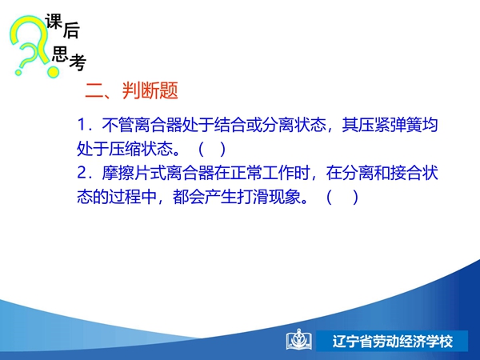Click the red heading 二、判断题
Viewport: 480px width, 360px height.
131,90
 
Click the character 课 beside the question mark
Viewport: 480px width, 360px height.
54,22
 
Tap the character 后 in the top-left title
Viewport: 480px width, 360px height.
71,30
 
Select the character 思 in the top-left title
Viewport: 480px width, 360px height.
60,54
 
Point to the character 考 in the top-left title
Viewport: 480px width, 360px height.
78,62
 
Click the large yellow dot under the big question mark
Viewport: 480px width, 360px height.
53,72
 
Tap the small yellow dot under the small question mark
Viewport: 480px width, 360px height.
18,73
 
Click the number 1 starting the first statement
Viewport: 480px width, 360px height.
81,125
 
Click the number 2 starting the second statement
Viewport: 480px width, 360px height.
82,173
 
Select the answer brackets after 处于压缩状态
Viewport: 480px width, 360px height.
212,149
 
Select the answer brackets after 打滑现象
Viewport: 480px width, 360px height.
342,197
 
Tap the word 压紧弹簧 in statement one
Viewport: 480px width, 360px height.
390,125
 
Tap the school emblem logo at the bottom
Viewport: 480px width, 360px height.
298,340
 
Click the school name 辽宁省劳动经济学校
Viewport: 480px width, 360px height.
393,342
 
